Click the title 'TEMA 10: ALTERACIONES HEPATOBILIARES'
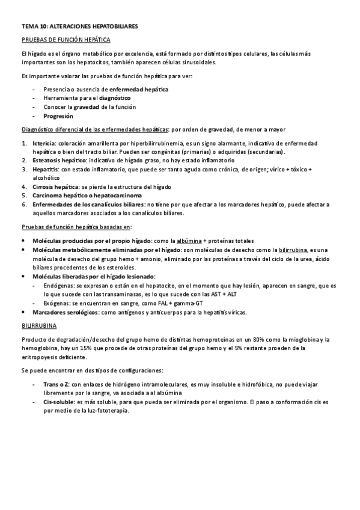pos(79,27)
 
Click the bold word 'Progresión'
pos(58,116)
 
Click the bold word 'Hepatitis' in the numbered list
pos(44,170)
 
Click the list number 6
pos(24,205)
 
